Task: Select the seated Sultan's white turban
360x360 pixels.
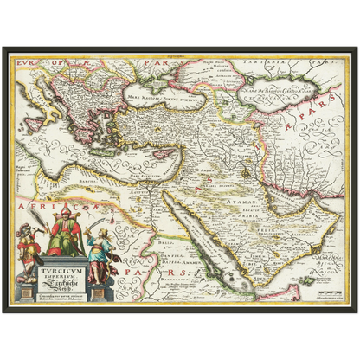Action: (x=62, y=213)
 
